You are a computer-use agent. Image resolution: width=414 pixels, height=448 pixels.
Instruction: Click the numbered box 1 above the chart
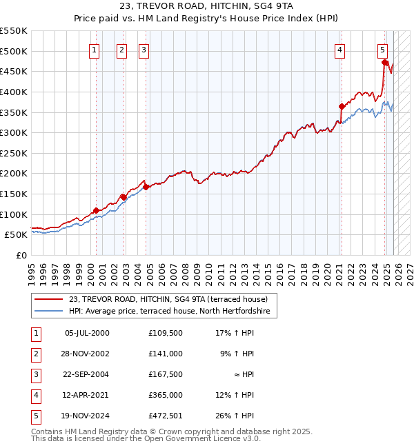(x=94, y=50)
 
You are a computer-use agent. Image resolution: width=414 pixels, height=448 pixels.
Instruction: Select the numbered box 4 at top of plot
(x=341, y=50)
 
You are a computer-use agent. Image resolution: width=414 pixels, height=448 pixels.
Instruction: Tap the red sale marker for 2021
(x=342, y=106)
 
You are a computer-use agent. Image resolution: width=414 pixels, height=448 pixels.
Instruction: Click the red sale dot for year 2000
(x=96, y=210)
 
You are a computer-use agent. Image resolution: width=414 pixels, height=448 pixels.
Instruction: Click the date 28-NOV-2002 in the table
(x=86, y=354)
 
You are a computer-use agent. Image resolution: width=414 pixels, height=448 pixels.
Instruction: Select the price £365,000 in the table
(x=166, y=395)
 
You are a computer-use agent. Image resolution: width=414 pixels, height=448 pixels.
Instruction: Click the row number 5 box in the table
(x=35, y=416)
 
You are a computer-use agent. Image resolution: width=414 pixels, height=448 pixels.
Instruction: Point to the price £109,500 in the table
(x=166, y=333)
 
